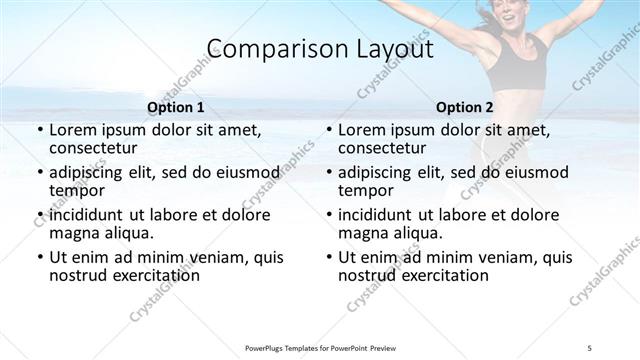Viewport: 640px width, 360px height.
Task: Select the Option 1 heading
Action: (175, 107)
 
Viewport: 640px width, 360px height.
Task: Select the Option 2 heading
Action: (465, 107)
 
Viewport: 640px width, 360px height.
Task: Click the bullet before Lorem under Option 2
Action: (329, 131)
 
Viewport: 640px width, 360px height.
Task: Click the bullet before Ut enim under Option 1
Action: (40, 257)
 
